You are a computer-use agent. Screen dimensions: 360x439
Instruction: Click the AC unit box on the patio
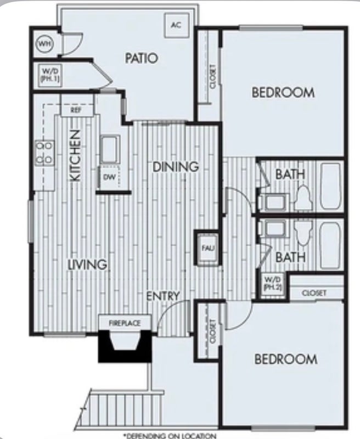(177, 25)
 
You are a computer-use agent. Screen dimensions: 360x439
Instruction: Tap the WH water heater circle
(45, 44)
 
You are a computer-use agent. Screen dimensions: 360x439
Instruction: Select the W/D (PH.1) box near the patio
(50, 75)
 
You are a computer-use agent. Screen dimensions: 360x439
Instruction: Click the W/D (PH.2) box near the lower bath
(273, 283)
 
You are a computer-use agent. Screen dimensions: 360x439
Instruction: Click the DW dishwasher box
(109, 177)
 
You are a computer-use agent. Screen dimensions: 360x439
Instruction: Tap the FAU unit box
(207, 248)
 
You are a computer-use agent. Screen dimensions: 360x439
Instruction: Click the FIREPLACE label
(125, 323)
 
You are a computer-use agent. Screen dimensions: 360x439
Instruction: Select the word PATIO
(142, 58)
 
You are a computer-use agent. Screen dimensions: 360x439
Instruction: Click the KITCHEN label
(75, 155)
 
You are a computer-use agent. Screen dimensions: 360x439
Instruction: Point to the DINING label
(176, 167)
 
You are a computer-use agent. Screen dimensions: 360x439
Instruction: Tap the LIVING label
(88, 264)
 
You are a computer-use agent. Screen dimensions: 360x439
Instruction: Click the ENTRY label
(163, 296)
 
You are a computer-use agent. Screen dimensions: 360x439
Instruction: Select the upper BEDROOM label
(283, 92)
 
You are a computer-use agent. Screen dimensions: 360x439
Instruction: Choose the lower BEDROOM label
(286, 359)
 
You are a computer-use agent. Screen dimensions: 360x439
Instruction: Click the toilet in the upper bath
(303, 198)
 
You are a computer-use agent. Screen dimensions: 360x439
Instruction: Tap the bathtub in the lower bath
(330, 245)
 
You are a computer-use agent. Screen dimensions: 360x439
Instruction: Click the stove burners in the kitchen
(45, 153)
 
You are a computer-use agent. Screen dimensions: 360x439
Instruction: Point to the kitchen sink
(110, 149)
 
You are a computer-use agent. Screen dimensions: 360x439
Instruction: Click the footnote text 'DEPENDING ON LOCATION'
(170, 436)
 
